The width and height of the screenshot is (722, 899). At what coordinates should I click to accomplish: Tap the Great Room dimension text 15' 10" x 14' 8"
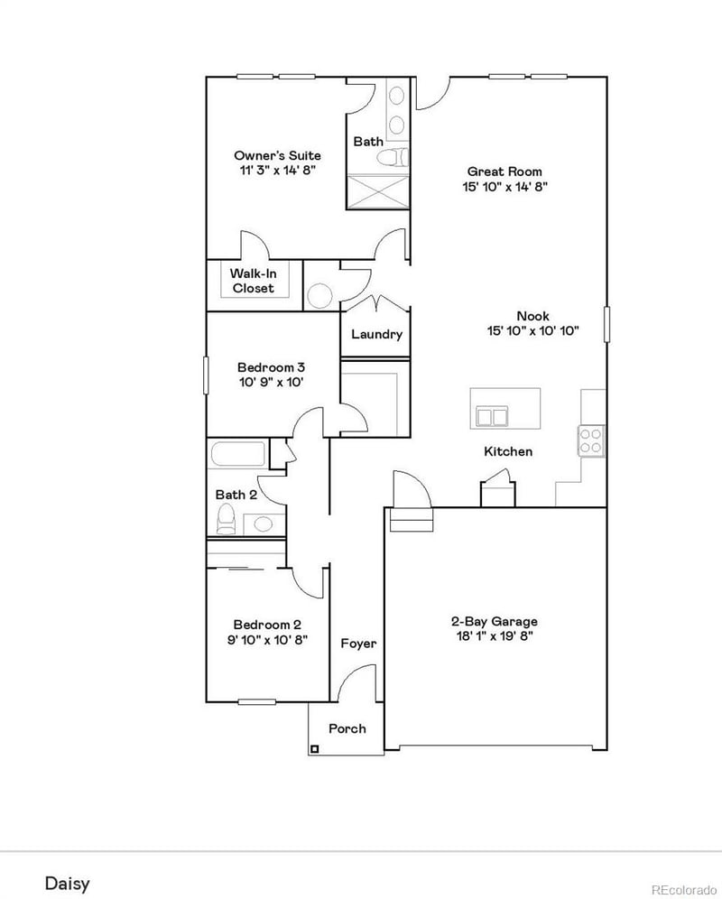[x=504, y=187]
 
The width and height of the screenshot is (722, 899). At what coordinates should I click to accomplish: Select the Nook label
[x=532, y=316]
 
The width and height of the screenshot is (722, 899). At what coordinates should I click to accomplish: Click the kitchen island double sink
[x=492, y=417]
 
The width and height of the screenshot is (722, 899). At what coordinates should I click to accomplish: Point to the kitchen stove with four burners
[x=592, y=440]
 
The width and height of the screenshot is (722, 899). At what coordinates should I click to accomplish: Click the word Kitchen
[x=508, y=451]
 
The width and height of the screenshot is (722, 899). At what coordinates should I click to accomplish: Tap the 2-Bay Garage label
[x=495, y=621]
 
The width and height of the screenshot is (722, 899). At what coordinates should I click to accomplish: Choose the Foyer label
[x=358, y=644]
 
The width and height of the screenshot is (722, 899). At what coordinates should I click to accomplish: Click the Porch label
[x=347, y=728]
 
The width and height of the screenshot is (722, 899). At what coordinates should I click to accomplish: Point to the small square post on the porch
[x=315, y=747]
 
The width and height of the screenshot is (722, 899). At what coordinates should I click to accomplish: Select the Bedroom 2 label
[x=267, y=625]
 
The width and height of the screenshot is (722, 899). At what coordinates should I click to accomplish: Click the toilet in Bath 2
[x=227, y=520]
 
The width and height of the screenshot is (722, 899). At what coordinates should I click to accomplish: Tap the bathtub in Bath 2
[x=238, y=455]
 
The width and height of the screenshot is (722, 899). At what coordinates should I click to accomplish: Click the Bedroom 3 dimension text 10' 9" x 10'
[x=270, y=382]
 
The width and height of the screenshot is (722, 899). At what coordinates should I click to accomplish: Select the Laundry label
[x=376, y=334]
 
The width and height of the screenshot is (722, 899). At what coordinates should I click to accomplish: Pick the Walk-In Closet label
[x=253, y=281]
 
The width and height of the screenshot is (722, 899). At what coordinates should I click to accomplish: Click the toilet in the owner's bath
[x=389, y=160]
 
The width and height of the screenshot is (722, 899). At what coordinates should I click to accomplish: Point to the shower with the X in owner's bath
[x=376, y=191]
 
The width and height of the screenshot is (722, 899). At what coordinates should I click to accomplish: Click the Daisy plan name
[x=68, y=882]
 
